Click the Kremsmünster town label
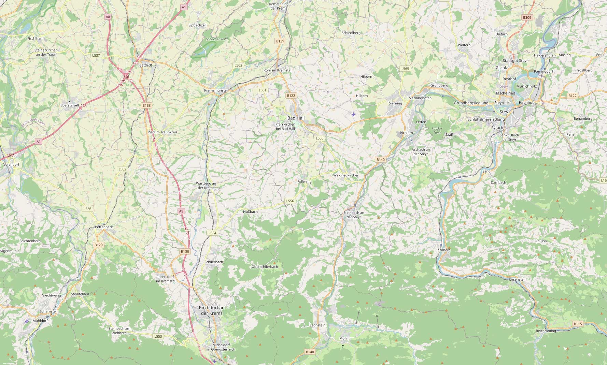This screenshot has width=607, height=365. click(x=216, y=90)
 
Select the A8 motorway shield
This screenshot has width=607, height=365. click(x=108, y=17)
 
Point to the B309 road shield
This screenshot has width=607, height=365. click(x=527, y=17)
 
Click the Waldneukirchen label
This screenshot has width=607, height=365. click(x=346, y=175)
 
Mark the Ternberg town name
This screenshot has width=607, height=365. click(x=443, y=250)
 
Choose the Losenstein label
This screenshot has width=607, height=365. click(x=518, y=279)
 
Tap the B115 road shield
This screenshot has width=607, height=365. click(x=578, y=324)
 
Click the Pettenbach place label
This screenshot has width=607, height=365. click(x=104, y=227)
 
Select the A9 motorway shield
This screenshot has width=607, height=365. click(x=181, y=211)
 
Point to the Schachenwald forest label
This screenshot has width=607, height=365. click(x=217, y=39)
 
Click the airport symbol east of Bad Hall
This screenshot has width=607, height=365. click(x=353, y=114)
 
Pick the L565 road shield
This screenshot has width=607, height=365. click(x=405, y=69)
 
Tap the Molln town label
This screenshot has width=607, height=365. click(x=344, y=338)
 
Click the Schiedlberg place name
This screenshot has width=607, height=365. click(x=351, y=33)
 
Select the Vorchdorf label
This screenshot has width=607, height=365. click(x=11, y=164)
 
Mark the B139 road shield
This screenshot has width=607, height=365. click(x=280, y=41)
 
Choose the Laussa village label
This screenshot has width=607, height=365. click(x=541, y=241)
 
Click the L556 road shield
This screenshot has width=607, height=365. click(x=290, y=201)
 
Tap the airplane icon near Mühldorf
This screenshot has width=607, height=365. click(x=27, y=321)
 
